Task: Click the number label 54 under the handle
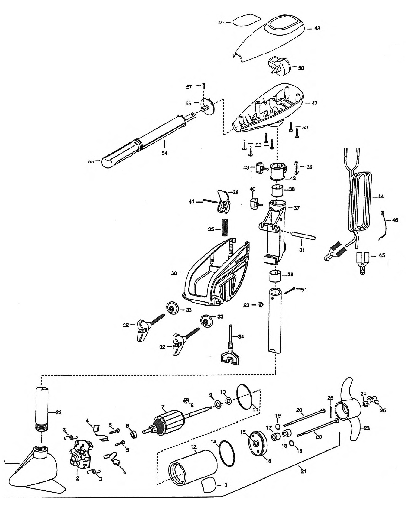coord(164,153)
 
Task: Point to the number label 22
coord(58,412)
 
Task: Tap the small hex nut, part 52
coord(261,304)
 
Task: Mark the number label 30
coord(174,273)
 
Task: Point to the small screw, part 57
coord(204,86)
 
